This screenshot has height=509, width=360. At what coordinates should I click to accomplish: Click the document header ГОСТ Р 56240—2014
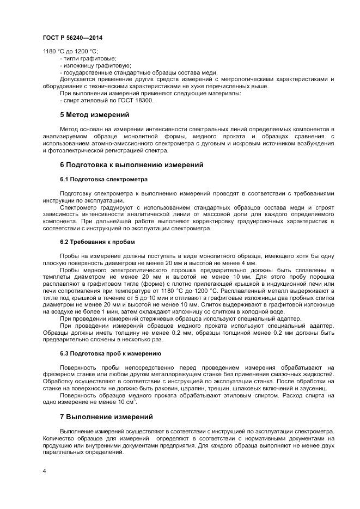click(x=72, y=38)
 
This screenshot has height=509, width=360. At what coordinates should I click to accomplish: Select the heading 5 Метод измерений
click(x=94, y=115)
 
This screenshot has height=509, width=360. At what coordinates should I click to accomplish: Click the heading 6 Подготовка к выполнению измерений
click(x=131, y=165)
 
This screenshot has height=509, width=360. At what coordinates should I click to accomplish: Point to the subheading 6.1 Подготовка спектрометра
click(x=103, y=179)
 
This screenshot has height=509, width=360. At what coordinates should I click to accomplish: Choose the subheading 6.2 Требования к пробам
click(x=97, y=241)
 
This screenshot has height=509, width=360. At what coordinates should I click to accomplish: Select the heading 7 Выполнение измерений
click(x=106, y=417)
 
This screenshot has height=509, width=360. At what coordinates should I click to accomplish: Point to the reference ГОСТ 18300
click(x=136, y=101)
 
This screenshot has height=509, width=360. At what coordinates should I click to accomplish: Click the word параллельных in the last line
click(x=62, y=452)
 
